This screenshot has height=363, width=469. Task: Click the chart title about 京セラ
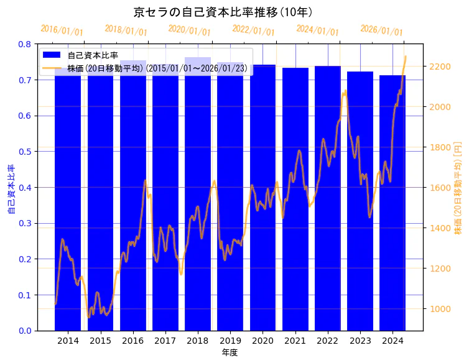click(223, 12)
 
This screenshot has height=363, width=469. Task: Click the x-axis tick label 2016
click(133, 341)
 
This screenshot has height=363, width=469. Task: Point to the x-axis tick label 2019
click(230, 341)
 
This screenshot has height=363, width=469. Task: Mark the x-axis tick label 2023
click(360, 341)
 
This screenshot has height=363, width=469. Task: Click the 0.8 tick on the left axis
click(25, 44)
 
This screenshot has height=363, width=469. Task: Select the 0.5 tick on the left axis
click(25, 152)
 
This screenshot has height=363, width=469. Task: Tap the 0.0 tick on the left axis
click(25, 331)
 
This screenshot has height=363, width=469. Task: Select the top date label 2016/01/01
click(62, 30)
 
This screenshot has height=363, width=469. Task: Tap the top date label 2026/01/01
click(381, 31)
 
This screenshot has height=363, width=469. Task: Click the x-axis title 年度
click(230, 352)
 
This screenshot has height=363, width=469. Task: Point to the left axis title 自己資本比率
click(11, 189)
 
